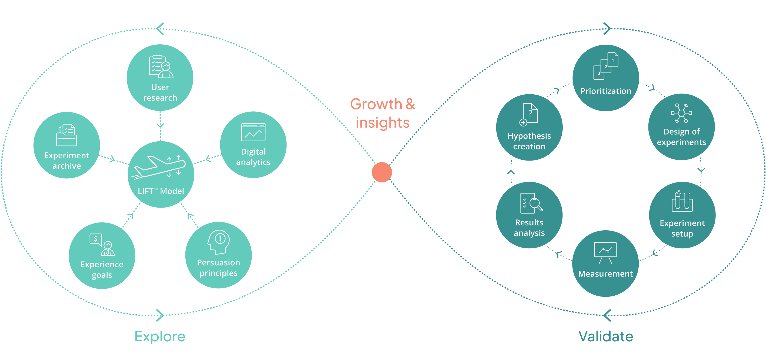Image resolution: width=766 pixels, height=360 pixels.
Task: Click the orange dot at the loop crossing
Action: click(382, 172)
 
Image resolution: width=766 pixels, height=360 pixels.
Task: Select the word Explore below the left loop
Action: click(160, 336)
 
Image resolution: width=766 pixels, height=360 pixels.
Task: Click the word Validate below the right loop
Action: click(606, 336)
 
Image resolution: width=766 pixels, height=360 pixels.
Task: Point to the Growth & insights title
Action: click(383, 113)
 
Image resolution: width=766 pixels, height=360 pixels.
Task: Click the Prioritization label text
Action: click(606, 91)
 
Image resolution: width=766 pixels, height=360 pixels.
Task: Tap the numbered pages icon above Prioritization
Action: click(606, 66)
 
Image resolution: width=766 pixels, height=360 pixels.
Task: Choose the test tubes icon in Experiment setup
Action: click(682, 201)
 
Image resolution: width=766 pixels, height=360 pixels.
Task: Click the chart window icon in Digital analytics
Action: click(253, 132)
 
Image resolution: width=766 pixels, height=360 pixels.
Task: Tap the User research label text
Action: click(160, 92)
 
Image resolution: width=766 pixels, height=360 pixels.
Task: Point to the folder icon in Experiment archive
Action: click(66, 135)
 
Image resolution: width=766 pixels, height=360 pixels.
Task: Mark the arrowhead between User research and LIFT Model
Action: click(160, 125)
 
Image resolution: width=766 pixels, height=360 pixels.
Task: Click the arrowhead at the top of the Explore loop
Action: click(160, 29)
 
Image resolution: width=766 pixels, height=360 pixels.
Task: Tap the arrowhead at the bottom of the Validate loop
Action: click(607, 315)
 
